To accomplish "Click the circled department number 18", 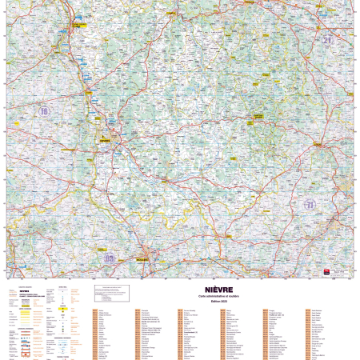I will click(x=45, y=111).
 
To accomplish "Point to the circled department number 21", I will click(x=326, y=38).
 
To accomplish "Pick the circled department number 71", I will click(x=310, y=205).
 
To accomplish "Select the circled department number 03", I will click(x=110, y=258).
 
